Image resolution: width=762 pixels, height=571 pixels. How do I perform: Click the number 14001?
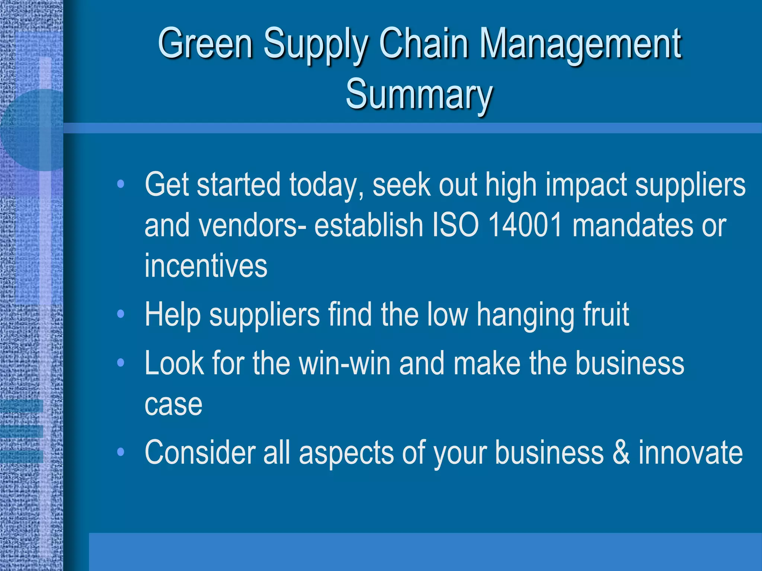pyautogui.click(x=525, y=225)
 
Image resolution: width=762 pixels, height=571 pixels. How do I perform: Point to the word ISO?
pyautogui.click(x=455, y=225)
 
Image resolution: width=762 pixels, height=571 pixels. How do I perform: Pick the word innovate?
pyautogui.click(x=691, y=452)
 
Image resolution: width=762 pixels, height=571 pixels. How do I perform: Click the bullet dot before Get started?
pyautogui.click(x=120, y=184)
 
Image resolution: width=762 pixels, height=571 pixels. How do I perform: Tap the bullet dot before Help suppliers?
pyautogui.click(x=120, y=314)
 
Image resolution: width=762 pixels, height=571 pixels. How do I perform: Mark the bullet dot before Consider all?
pyautogui.click(x=120, y=452)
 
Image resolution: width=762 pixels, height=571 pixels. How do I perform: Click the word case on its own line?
pyautogui.click(x=173, y=404)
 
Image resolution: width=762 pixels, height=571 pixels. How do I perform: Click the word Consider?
pyautogui.click(x=200, y=452)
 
